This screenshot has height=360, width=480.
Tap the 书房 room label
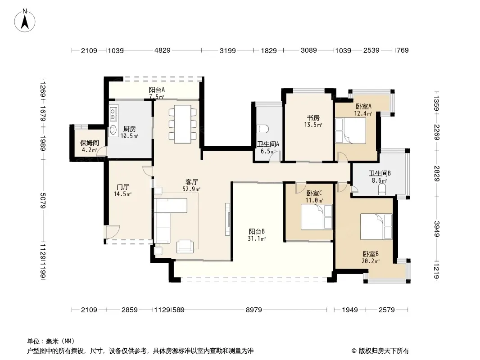coord(313,118)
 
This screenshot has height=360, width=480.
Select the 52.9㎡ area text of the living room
coord(191,189)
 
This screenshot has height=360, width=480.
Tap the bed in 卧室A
coord(350,130)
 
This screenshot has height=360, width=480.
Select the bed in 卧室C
coord(317,217)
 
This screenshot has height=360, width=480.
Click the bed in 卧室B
coord(376,227)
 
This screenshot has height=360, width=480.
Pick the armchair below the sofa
coord(185,247)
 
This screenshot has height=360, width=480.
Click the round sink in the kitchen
coord(113,130)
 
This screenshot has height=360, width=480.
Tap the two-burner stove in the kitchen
coord(113,113)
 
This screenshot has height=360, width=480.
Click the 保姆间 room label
coord(90,143)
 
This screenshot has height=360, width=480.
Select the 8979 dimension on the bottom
coord(254,310)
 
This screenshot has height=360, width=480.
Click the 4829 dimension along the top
coord(162,50)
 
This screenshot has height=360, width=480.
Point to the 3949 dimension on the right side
coord(436,229)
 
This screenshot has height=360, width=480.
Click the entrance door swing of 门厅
coord(113,232)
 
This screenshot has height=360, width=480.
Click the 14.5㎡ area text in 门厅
coord(122,194)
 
